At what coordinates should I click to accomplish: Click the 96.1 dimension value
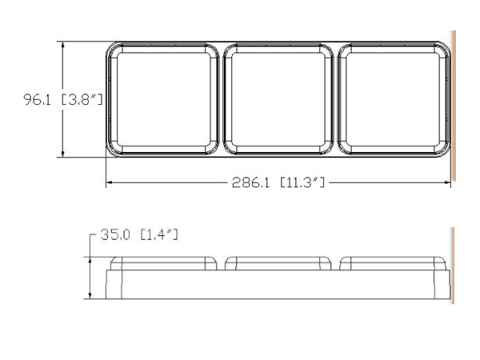[37, 99]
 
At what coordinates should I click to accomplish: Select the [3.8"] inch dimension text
[82, 99]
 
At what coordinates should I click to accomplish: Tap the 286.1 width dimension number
[250, 182]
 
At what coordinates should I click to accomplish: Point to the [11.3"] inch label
[302, 182]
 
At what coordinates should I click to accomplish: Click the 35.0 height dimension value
[115, 234]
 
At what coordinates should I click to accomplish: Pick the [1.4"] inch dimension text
[159, 234]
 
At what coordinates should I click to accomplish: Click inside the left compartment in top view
[164, 99]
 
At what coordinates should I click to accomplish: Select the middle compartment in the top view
[278, 99]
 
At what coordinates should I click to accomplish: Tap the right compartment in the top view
[393, 99]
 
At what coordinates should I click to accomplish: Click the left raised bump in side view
[163, 263]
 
